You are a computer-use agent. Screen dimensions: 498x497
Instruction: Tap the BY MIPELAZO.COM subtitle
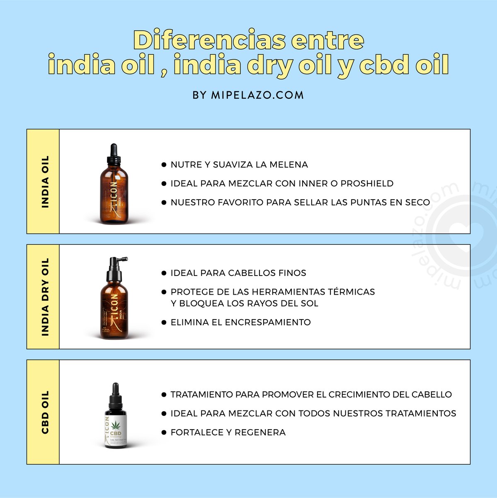(248, 95)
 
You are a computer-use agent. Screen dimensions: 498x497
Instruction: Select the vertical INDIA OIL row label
(45, 181)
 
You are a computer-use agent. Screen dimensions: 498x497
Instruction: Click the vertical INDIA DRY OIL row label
(45, 297)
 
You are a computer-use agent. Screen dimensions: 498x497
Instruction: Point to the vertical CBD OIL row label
(45, 412)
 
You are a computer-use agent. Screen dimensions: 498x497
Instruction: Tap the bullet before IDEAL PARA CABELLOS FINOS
(164, 273)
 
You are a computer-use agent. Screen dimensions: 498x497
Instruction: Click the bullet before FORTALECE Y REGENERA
(164, 432)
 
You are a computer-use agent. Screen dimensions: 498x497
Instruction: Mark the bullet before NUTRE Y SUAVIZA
(164, 165)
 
